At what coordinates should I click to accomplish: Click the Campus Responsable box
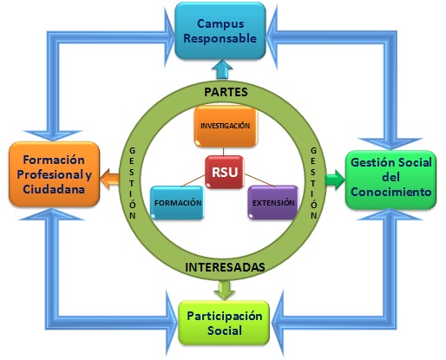pos(220,31)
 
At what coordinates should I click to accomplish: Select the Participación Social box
pos(224,323)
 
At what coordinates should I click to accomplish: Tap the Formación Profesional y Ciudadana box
pos(54,174)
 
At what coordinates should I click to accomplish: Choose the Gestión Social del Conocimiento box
pos(390,180)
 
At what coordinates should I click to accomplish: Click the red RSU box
pos(225,173)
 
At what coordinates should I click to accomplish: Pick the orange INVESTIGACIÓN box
pos(226,126)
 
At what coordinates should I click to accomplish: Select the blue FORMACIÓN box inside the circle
pos(177,202)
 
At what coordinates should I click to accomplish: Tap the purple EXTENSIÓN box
pos(273,202)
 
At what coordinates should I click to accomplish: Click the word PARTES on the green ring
pos(226,92)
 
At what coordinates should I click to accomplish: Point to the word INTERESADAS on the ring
pos(225,267)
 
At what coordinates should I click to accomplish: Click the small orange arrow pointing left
pos(109,179)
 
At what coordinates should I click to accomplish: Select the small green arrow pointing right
pos(335,180)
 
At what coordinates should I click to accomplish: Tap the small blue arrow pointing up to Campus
pos(222,69)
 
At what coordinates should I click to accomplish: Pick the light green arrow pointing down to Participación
pos(225,290)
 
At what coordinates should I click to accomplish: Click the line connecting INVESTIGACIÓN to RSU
pos(223,152)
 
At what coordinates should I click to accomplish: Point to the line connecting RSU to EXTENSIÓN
pos(259,180)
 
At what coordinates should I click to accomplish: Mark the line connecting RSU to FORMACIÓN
pos(193,180)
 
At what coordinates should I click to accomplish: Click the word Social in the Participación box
pos(225,331)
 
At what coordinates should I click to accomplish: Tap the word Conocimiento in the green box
pos(391,192)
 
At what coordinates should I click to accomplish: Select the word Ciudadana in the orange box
pos(54,189)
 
